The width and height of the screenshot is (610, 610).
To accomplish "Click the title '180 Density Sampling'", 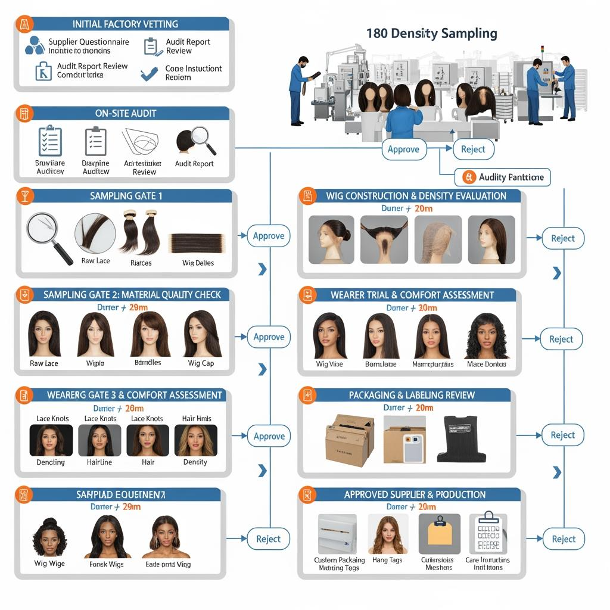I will coord(432,33).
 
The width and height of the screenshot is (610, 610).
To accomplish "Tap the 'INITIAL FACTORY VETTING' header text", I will coord(125,24).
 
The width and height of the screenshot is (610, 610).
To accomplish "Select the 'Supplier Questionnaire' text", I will coord(88,42).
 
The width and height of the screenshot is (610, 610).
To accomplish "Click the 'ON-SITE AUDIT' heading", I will coord(125,113).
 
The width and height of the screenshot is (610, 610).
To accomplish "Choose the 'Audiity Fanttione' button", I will coord(503,177).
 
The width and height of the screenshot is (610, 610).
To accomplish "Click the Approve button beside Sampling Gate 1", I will coord(268,236).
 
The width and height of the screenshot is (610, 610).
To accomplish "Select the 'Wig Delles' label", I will coord(198,263).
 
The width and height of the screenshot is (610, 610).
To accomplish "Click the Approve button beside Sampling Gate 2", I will coord(268,337).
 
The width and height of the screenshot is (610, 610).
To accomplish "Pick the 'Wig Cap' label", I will coord(201,363).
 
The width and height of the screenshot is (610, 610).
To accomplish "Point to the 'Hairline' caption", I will coord(99,462).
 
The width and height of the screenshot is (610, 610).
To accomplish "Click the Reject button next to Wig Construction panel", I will coord(562,238).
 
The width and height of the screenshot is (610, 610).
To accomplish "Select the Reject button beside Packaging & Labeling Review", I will coord(562,435).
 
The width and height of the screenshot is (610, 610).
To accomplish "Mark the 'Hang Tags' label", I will coord(387,560).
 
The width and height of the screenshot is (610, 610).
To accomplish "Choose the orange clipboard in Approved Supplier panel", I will coord(440,532).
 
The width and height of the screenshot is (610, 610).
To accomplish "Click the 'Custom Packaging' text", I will coord(339,560).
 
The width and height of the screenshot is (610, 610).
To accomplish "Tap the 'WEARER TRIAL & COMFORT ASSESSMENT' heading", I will coord(412,295).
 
